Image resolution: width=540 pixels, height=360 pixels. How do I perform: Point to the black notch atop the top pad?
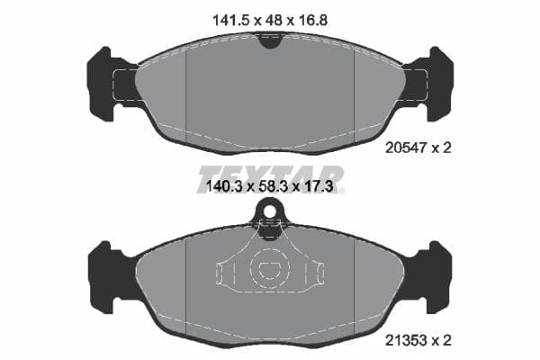point(269,40)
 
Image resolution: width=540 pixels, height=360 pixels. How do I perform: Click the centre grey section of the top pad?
point(269,90)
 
